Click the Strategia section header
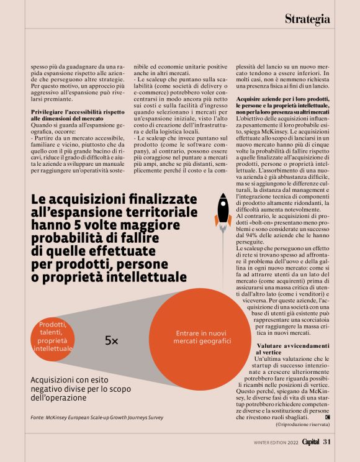coord(307,19)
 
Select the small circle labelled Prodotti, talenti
coord(52,337)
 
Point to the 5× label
coord(112,340)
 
